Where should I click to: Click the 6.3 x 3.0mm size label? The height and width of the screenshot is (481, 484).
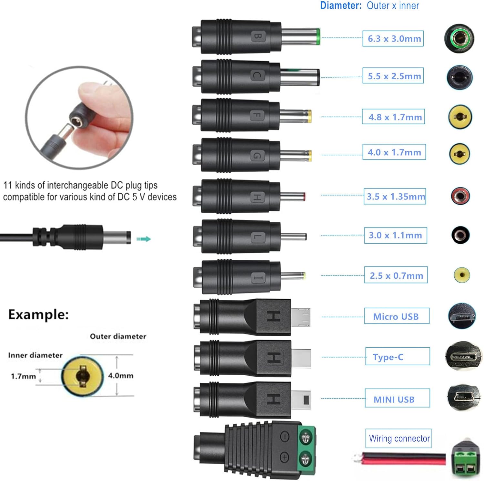pyautogui.click(x=393, y=39)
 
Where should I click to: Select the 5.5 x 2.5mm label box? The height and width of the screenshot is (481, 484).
pyautogui.click(x=393, y=76)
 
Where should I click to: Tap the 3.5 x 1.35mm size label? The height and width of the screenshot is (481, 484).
pyautogui.click(x=395, y=197)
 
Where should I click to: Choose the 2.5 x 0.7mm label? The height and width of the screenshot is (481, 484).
pyautogui.click(x=396, y=275)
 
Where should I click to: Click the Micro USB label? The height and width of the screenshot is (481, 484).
pyautogui.click(x=397, y=316)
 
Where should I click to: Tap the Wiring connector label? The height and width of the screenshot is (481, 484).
pyautogui.click(x=399, y=438)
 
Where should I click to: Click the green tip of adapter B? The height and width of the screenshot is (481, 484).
pyautogui.click(x=318, y=36)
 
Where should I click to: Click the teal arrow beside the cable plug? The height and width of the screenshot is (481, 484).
pyautogui.click(x=144, y=239)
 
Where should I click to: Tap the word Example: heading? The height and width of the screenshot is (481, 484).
pyautogui.click(x=38, y=314)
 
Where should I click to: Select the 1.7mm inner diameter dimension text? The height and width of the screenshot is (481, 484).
pyautogui.click(x=23, y=376)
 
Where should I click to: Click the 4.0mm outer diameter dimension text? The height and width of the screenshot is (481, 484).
pyautogui.click(x=121, y=376)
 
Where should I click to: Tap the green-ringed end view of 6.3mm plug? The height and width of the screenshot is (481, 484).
pyautogui.click(x=459, y=39)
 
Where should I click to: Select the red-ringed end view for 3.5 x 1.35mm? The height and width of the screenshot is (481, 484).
pyautogui.click(x=460, y=196)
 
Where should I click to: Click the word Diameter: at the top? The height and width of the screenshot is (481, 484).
pyautogui.click(x=341, y=5)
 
